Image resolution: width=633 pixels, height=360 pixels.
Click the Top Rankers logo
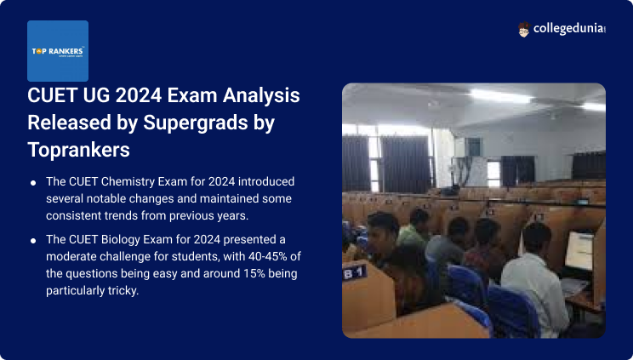58,50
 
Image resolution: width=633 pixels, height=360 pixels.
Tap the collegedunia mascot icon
525,30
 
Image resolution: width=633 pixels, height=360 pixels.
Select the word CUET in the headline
54,96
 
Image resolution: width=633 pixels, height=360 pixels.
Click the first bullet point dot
32,183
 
